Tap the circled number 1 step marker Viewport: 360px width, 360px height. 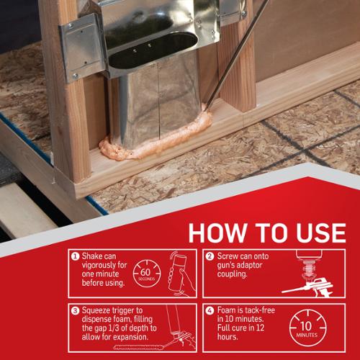click(75, 256)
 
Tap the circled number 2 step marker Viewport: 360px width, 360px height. click(210, 256)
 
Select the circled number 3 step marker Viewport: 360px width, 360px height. click(75, 310)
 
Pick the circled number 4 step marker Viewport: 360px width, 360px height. click(210, 310)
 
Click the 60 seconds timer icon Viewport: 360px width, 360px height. click(147, 274)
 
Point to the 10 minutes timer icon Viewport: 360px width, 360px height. click(307, 328)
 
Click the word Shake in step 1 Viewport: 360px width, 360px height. click(92, 256)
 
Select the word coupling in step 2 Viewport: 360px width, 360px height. click(232, 274)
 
